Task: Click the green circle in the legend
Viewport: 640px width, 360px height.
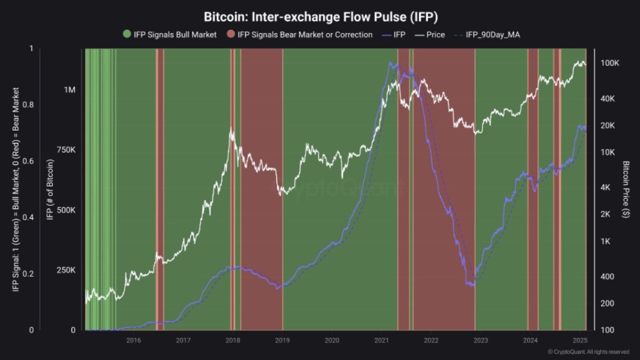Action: click(126, 35)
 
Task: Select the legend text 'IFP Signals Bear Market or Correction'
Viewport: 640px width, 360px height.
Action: click(305, 35)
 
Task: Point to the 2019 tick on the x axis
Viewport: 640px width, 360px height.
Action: click(282, 340)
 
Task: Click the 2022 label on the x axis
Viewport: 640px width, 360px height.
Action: click(431, 340)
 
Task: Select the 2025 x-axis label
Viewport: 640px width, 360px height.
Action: click(580, 340)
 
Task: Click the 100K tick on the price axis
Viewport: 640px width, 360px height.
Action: click(610, 63)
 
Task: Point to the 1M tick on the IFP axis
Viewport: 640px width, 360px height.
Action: click(70, 90)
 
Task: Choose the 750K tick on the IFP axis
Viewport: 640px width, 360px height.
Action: click(66, 150)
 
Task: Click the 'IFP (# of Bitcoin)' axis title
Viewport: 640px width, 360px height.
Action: click(50, 189)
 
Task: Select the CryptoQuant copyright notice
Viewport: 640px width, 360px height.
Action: click(588, 352)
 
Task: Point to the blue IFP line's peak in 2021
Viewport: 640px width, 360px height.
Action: click(390, 63)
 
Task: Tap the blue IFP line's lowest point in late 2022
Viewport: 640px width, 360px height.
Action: click(472, 286)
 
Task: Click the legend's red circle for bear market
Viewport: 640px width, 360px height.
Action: click(231, 35)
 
